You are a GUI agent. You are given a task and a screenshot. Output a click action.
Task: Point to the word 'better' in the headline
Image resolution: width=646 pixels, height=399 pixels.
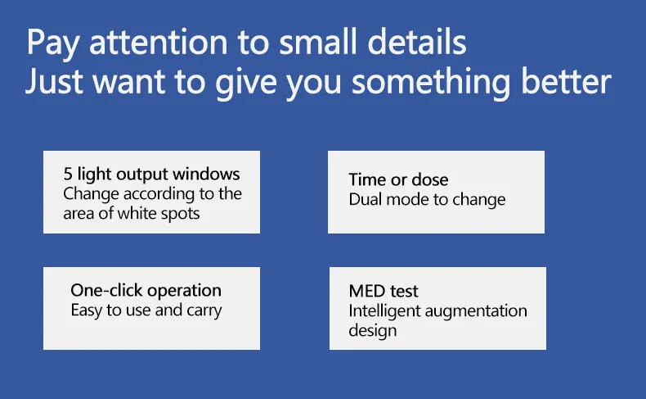(x=572, y=82)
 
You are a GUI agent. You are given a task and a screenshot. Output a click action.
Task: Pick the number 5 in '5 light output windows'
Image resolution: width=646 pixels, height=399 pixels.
(x=68, y=175)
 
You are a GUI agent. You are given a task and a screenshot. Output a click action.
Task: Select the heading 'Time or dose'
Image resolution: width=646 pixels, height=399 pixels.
(x=398, y=180)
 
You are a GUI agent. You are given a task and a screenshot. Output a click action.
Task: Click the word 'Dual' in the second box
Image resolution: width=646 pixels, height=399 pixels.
(x=364, y=199)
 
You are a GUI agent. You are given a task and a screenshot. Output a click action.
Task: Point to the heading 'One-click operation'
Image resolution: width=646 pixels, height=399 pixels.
(x=146, y=291)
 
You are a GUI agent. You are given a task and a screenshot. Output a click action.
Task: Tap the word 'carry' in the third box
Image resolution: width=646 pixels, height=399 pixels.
(x=204, y=311)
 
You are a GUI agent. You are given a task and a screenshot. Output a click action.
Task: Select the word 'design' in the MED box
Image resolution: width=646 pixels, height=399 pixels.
(x=373, y=330)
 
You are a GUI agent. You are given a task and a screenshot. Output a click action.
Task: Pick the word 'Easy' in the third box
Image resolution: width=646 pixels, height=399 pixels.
(x=86, y=311)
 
